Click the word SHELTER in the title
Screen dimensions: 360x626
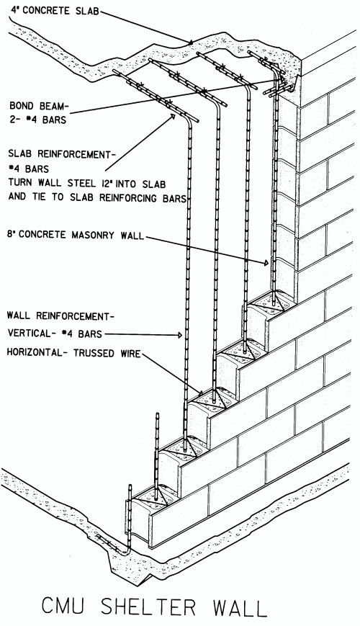(148, 607)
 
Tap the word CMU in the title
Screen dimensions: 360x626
(66, 607)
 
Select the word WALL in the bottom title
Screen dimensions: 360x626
(240, 607)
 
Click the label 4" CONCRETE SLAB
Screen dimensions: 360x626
(55, 10)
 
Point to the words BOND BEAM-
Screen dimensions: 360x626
(38, 106)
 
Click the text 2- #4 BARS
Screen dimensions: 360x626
(38, 120)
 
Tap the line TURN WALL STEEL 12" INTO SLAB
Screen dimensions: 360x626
(87, 183)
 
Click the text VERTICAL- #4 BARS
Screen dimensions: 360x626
(55, 334)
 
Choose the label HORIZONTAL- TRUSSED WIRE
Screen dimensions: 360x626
(74, 353)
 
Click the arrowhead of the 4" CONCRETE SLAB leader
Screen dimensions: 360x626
(191, 42)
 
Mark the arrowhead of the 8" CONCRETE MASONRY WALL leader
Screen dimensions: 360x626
(266, 263)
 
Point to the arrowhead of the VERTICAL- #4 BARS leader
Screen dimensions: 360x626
(180, 336)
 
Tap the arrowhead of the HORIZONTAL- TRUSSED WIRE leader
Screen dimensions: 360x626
(201, 393)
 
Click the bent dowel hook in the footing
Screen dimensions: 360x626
(116, 545)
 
